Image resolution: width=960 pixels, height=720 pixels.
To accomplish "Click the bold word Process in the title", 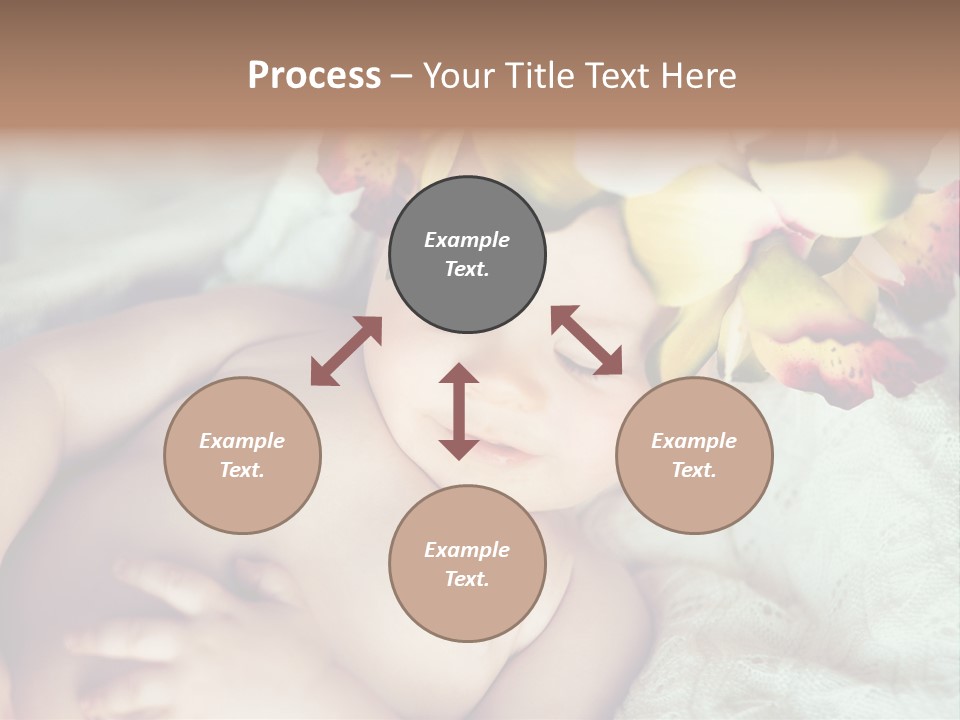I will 314,76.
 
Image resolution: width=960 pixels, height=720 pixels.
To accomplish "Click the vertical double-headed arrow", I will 459,411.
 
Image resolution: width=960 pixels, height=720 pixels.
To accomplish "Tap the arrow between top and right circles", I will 586,340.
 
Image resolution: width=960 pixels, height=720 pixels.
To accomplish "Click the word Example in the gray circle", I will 467,240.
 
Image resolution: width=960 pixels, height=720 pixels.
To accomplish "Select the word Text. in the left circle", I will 242,470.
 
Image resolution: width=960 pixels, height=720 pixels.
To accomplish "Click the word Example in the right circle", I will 694,441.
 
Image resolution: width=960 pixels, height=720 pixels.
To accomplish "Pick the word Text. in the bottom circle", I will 467,579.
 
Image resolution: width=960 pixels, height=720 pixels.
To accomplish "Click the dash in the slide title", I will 401,76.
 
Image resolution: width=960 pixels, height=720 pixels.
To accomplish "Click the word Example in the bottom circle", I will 467,550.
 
